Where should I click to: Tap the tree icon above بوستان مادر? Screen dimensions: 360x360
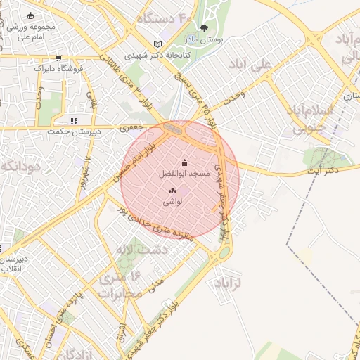[205, 29]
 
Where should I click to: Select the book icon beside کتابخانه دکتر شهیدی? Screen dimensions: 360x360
[157, 44]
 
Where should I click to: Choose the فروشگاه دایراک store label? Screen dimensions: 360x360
[58, 69]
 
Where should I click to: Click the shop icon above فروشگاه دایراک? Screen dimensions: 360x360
[58, 58]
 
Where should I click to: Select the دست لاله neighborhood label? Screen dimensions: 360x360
[143, 250]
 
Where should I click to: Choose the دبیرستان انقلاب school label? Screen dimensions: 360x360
[14, 263]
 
